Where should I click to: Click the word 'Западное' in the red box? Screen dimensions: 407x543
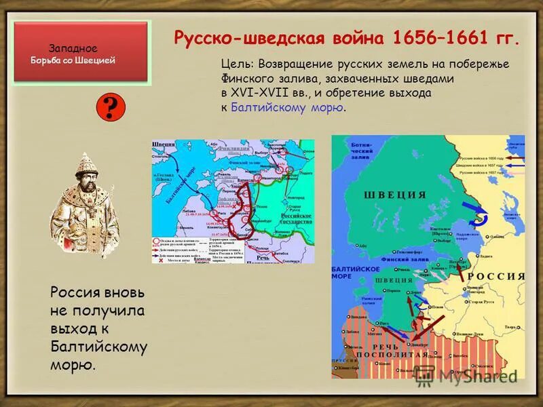click(x=73, y=48)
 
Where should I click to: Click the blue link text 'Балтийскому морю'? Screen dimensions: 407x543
click(x=286, y=107)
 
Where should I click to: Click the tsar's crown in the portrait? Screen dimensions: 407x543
click(x=84, y=165)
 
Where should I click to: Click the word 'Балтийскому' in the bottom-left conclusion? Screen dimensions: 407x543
click(x=98, y=347)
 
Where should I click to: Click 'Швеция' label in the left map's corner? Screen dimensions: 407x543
click(x=162, y=144)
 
